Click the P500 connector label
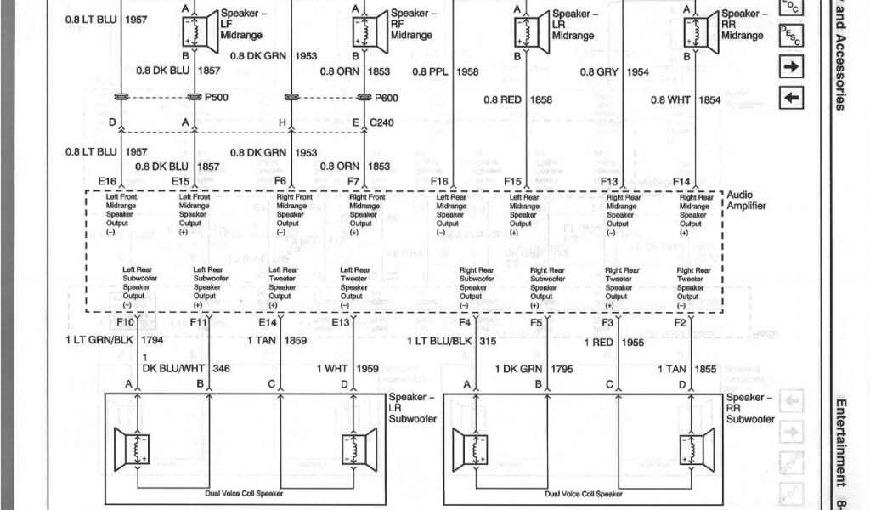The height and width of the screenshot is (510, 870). [217, 98]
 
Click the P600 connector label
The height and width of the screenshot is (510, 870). [387, 98]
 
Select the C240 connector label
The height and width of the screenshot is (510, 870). [382, 123]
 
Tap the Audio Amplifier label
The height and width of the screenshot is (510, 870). [747, 201]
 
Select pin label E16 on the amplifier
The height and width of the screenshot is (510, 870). [107, 182]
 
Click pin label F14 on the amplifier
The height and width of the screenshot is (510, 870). [681, 182]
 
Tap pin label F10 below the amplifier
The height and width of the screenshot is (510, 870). [125, 323]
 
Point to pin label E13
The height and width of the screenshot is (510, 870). [341, 323]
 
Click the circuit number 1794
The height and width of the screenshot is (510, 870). [153, 340]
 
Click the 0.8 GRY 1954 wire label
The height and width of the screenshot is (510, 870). [614, 72]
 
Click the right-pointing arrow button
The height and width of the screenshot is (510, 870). [791, 67]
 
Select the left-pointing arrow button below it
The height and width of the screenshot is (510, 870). [791, 98]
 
